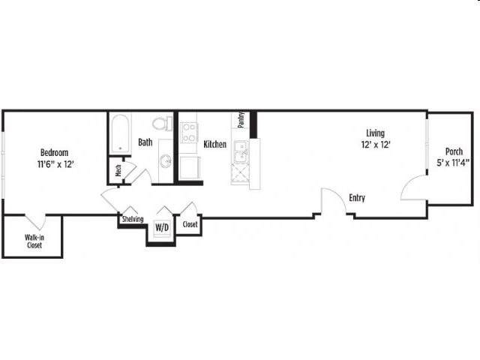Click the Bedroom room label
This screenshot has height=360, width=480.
(54, 152)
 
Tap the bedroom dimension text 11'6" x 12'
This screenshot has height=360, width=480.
(55, 164)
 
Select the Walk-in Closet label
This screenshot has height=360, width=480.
(34, 241)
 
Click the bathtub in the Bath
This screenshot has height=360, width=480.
(120, 134)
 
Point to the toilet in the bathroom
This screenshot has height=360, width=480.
(162, 123)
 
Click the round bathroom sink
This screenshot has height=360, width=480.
(166, 160)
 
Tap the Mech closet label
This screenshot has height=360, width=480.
(118, 170)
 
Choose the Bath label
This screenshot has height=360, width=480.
(145, 142)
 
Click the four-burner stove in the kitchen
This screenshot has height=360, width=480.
(188, 133)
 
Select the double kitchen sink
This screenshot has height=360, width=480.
(241, 151)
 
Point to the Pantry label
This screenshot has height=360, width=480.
(241, 119)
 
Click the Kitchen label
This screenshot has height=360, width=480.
(215, 144)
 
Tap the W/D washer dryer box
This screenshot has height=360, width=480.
(162, 227)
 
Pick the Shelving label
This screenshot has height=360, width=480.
(133, 219)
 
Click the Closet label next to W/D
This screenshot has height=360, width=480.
(190, 224)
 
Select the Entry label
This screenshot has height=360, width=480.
(357, 198)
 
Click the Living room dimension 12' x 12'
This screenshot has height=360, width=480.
(376, 144)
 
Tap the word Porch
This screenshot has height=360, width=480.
(454, 151)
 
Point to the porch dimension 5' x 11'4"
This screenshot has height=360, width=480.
(453, 163)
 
